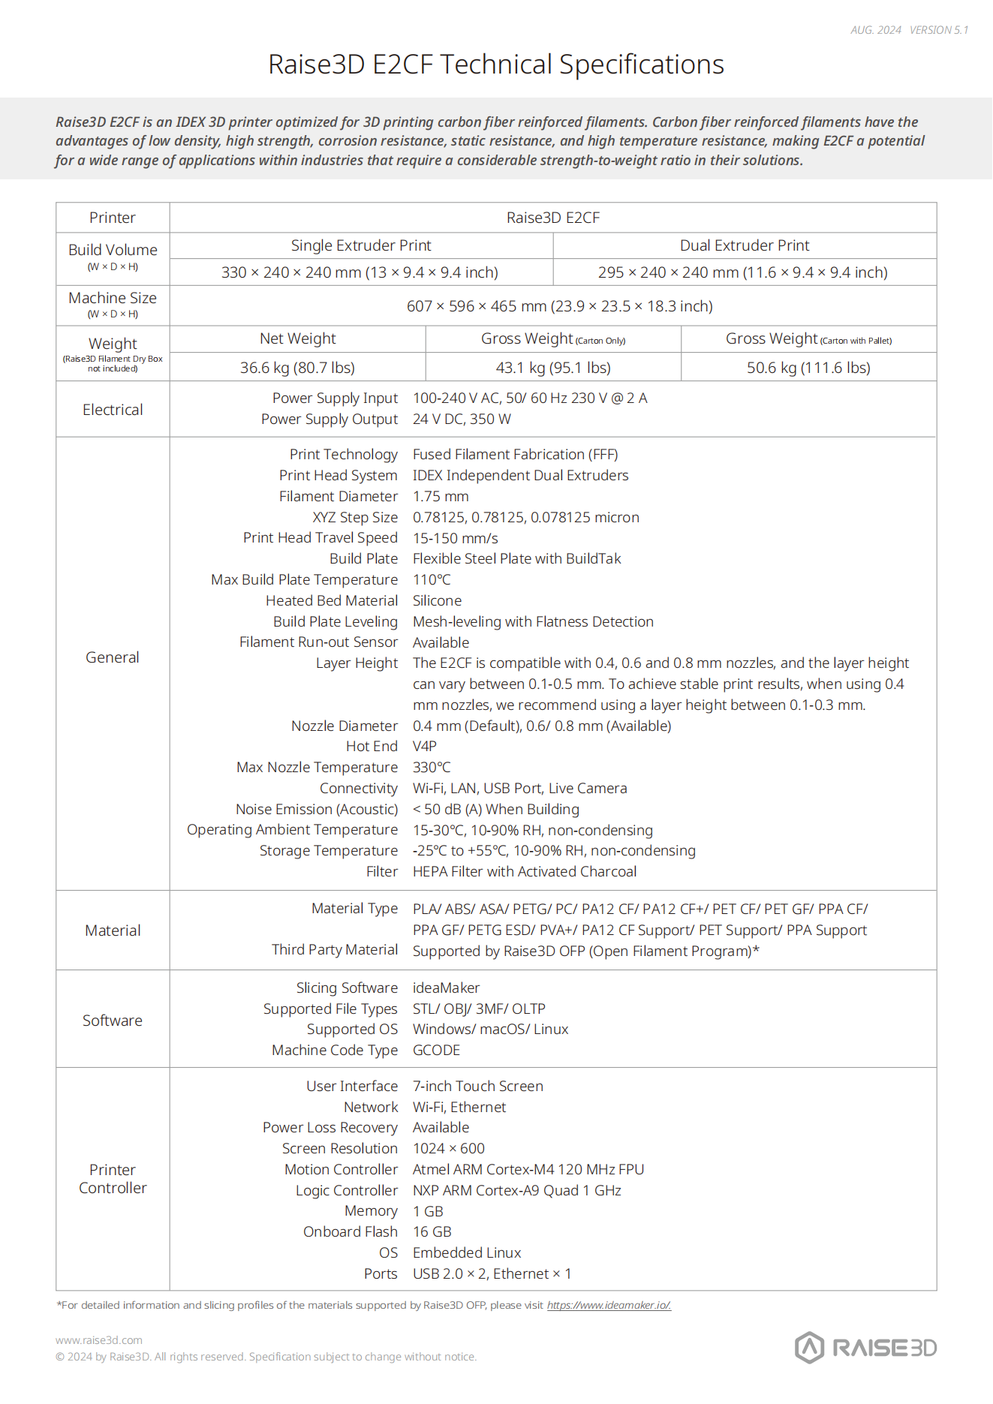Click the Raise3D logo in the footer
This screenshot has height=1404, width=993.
pos(865,1348)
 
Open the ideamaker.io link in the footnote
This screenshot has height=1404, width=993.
pos(609,1305)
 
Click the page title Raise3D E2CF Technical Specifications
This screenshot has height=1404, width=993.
pos(496,65)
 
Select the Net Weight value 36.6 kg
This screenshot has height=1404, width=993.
pos(297,368)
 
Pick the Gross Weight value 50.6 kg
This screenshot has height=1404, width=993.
pos(808,368)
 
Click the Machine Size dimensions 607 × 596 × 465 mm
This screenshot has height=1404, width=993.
pos(559,306)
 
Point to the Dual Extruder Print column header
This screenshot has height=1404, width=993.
pos(745,245)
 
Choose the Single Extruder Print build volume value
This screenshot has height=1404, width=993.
pos(360,272)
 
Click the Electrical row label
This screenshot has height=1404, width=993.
pos(113,410)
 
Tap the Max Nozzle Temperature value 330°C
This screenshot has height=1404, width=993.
pos(432,767)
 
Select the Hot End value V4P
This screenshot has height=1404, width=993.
pos(425,746)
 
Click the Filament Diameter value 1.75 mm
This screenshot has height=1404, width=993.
pos(441,496)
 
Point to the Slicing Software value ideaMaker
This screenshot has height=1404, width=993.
pos(446,988)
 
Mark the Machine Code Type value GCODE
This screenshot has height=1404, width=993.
pos(436,1050)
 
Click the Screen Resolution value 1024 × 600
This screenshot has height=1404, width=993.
pos(449,1148)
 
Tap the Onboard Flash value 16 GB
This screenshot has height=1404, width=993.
pos(432,1231)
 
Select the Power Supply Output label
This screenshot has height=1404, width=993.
pos(329,419)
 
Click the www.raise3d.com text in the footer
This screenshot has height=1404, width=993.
pos(99,1340)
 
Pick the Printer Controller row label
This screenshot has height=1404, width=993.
pos(113,1179)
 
